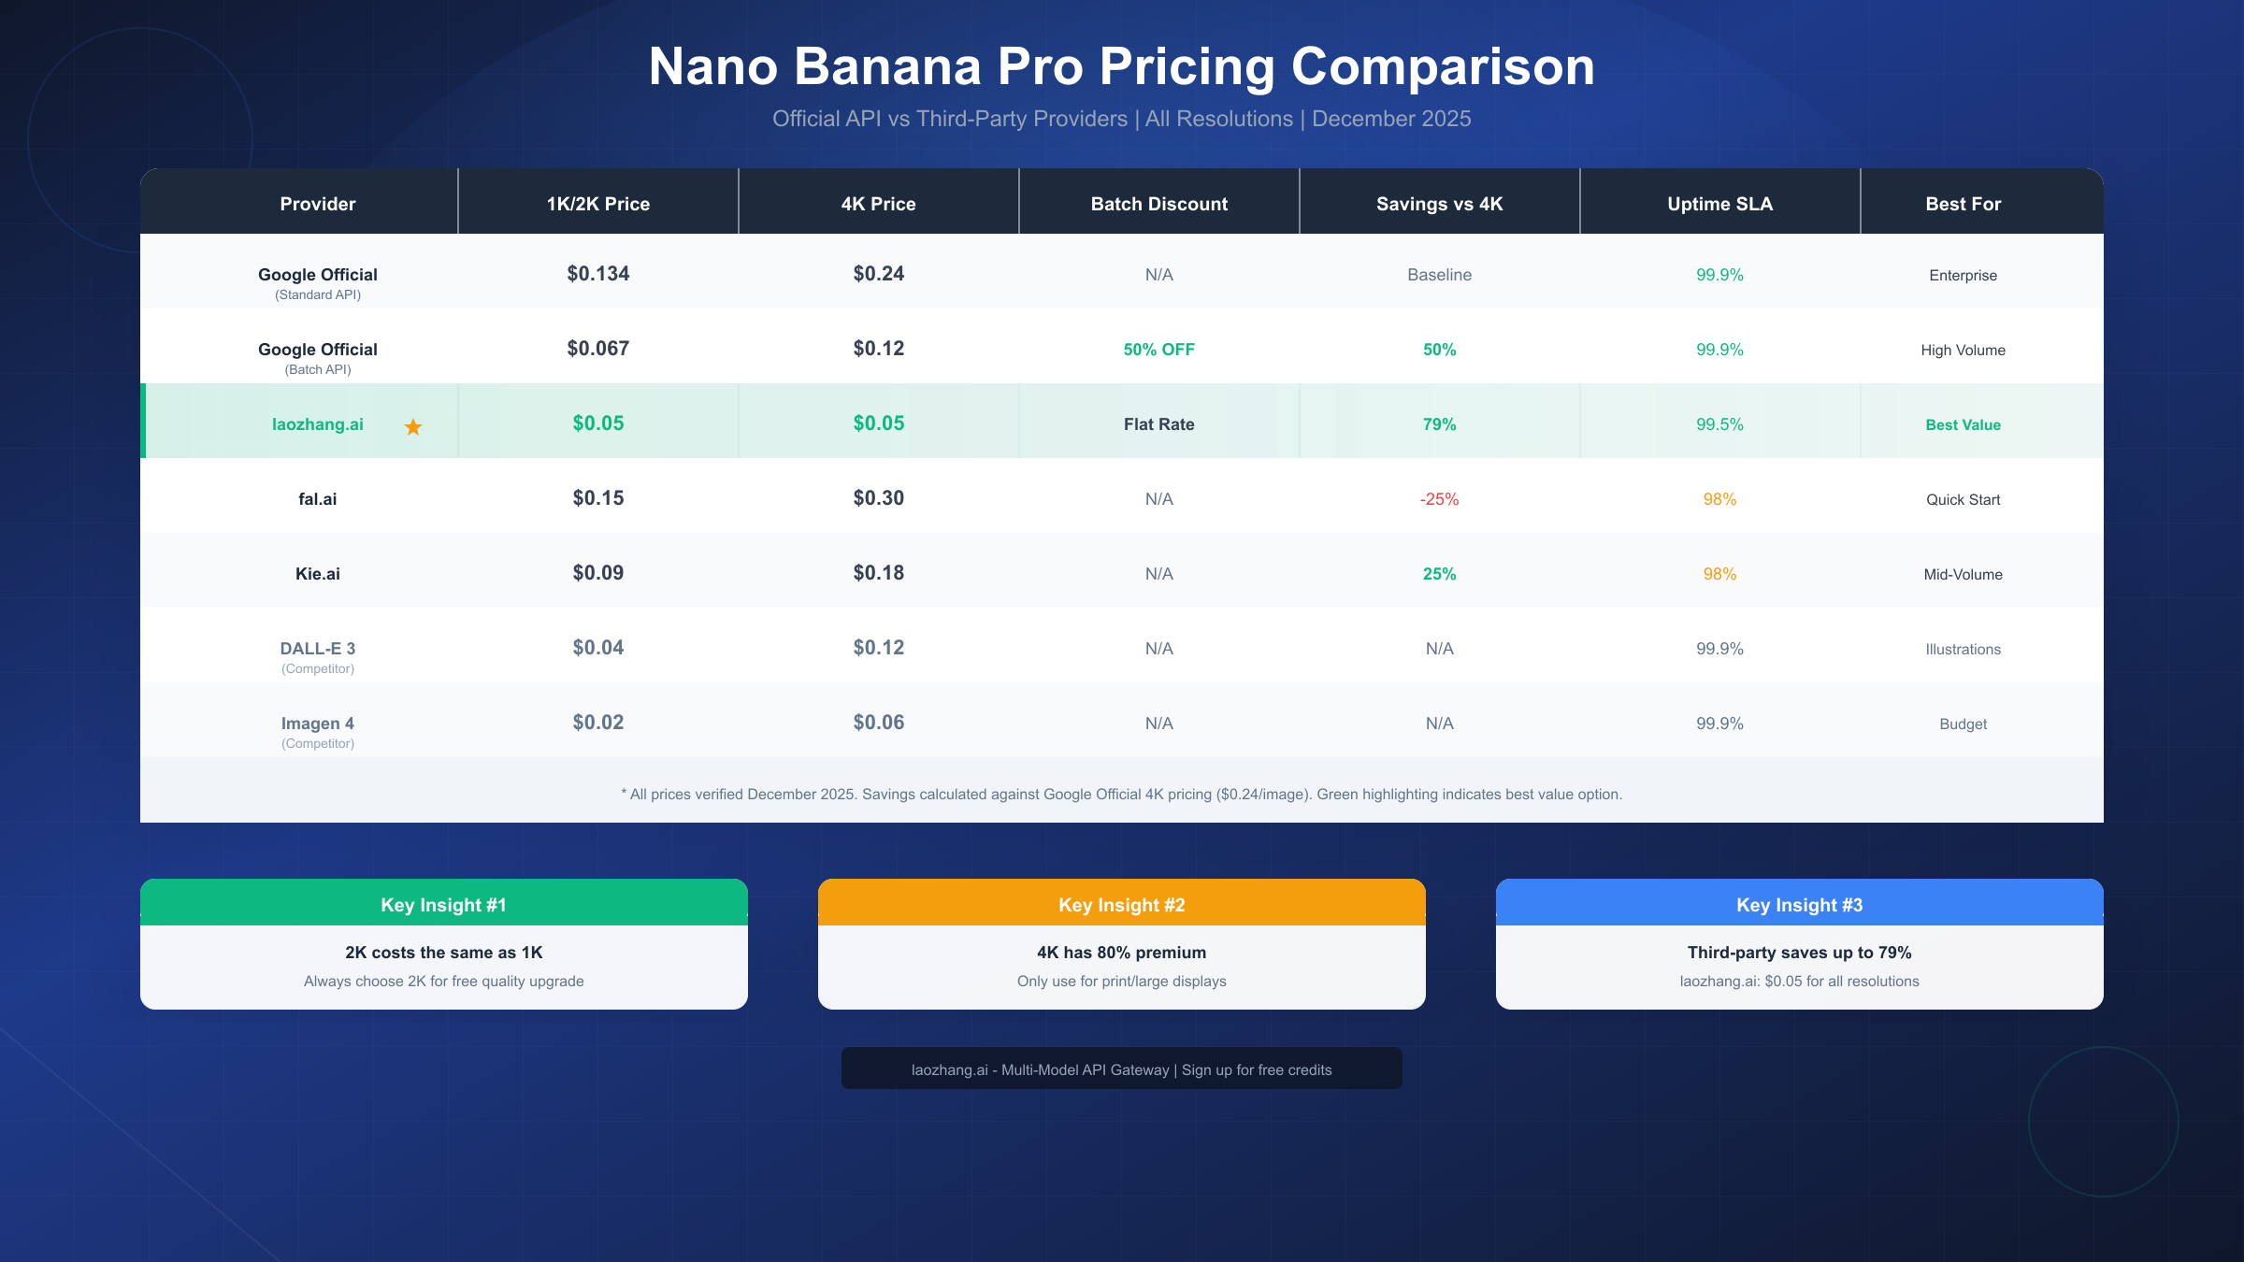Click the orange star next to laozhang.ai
pyautogui.click(x=412, y=427)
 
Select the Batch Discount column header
pyautogui.click(x=1158, y=204)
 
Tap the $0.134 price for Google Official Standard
pyautogui.click(x=597, y=274)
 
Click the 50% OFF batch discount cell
pyautogui.click(x=1158, y=350)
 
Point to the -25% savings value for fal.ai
pyautogui.click(x=1439, y=499)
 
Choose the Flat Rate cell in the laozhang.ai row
pyautogui.click(x=1158, y=424)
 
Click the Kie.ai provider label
pyautogui.click(x=317, y=574)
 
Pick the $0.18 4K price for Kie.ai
pyautogui.click(x=878, y=573)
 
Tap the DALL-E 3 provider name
pyautogui.click(x=317, y=649)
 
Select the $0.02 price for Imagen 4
pyautogui.click(x=597, y=723)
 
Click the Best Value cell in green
pyautogui.click(x=1963, y=424)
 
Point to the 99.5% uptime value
pyautogui.click(x=1719, y=424)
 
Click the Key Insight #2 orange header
pyautogui.click(x=1121, y=904)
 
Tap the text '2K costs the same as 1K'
pyautogui.click(x=443, y=953)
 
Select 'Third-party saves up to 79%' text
pyautogui.click(x=1799, y=953)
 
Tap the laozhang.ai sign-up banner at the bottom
pyautogui.click(x=1121, y=1069)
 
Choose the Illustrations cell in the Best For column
pyautogui.click(x=1963, y=649)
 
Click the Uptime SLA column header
pyautogui.click(x=1719, y=204)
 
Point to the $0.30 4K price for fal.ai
pyautogui.click(x=878, y=498)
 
